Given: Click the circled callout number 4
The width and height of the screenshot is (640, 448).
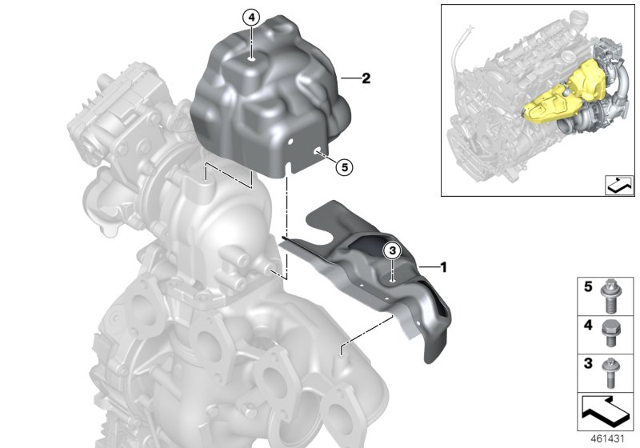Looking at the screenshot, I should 251,17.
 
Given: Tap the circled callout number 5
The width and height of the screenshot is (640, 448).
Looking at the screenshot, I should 342,167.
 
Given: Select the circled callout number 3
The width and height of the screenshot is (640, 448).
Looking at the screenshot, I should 393,250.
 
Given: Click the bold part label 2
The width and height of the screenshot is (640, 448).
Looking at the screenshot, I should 366,78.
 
